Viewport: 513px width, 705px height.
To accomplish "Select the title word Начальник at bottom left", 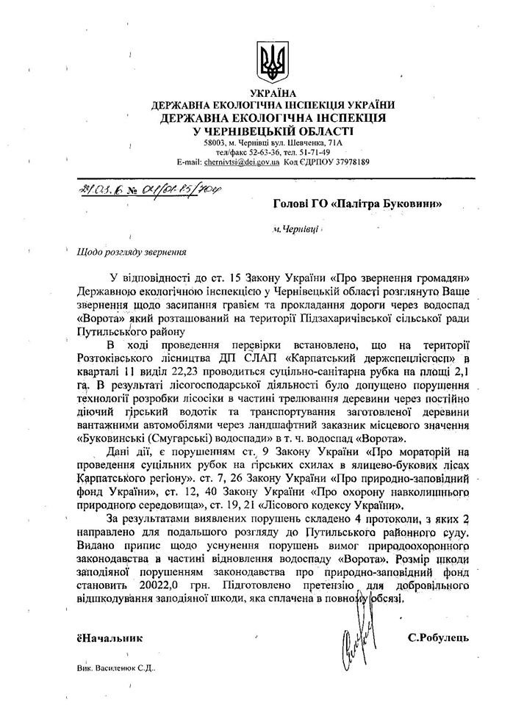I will point(111,637).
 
